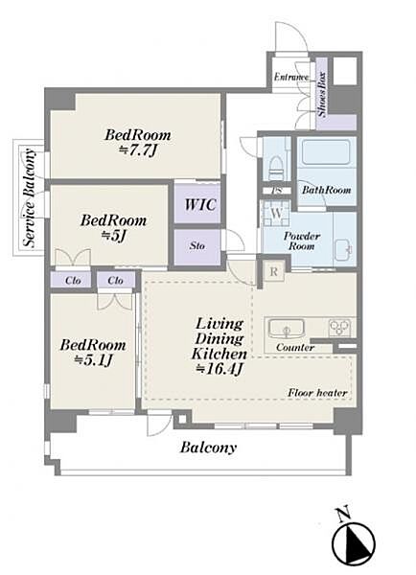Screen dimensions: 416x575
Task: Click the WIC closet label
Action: tap(200, 205)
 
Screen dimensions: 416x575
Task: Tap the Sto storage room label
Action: tap(197, 245)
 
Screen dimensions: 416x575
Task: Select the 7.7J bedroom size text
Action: tap(138, 150)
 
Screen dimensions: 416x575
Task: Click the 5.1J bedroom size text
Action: tap(93, 361)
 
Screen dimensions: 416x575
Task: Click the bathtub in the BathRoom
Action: tap(326, 153)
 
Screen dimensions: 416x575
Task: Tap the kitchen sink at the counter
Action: tap(287, 329)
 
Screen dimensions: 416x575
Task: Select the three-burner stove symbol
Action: tap(339, 328)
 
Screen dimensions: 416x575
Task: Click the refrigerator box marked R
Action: tap(274, 272)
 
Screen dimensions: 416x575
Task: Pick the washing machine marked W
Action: tap(277, 213)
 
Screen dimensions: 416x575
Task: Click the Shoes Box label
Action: tap(322, 94)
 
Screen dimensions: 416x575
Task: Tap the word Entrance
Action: tap(291, 78)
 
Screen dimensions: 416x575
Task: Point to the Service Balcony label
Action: tap(30, 197)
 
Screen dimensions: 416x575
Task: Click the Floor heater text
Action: tap(317, 393)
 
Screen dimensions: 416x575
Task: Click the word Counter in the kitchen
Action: tap(295, 347)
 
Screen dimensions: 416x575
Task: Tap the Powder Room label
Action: tap(302, 241)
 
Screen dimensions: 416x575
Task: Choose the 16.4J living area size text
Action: tap(220, 369)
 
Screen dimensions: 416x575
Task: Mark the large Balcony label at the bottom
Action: tap(208, 448)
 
